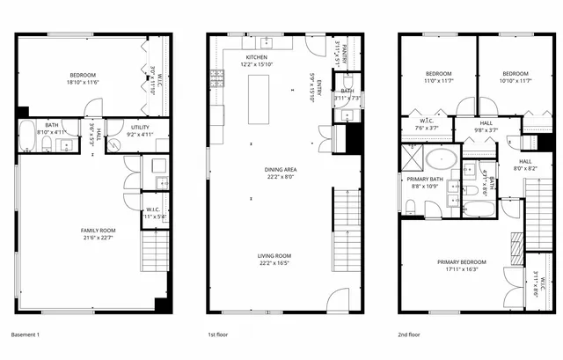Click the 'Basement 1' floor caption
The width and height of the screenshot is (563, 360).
(x=25, y=334)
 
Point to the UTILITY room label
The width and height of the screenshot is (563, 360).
(x=141, y=128)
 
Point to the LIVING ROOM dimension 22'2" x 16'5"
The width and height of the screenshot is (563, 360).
(x=274, y=263)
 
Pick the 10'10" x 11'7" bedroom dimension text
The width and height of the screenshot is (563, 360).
(x=515, y=81)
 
